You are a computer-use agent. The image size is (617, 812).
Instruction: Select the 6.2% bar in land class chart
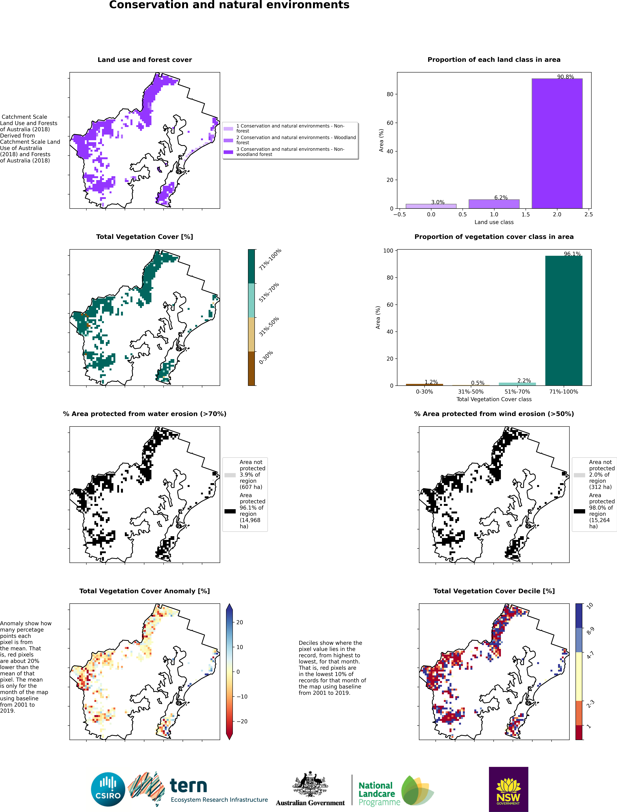(494, 204)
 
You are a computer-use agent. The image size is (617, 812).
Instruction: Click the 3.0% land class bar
(431, 206)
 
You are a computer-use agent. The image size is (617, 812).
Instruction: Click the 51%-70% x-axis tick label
(517, 392)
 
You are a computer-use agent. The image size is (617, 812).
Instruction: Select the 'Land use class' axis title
(494, 222)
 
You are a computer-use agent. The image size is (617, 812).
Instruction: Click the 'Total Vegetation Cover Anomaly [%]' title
(145, 591)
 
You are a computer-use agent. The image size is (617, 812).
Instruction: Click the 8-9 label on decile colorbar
(590, 631)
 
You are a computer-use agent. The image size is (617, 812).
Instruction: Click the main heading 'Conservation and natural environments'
(229, 5)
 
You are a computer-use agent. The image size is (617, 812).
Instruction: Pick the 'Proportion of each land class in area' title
(494, 60)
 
